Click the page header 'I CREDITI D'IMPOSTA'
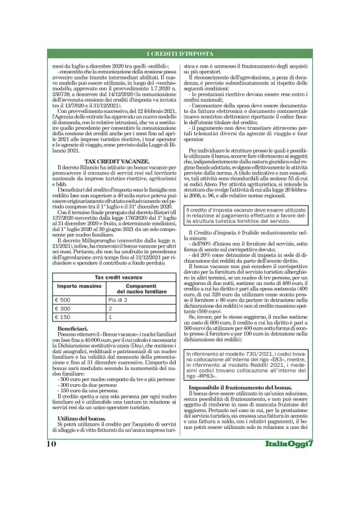[180, 55]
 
